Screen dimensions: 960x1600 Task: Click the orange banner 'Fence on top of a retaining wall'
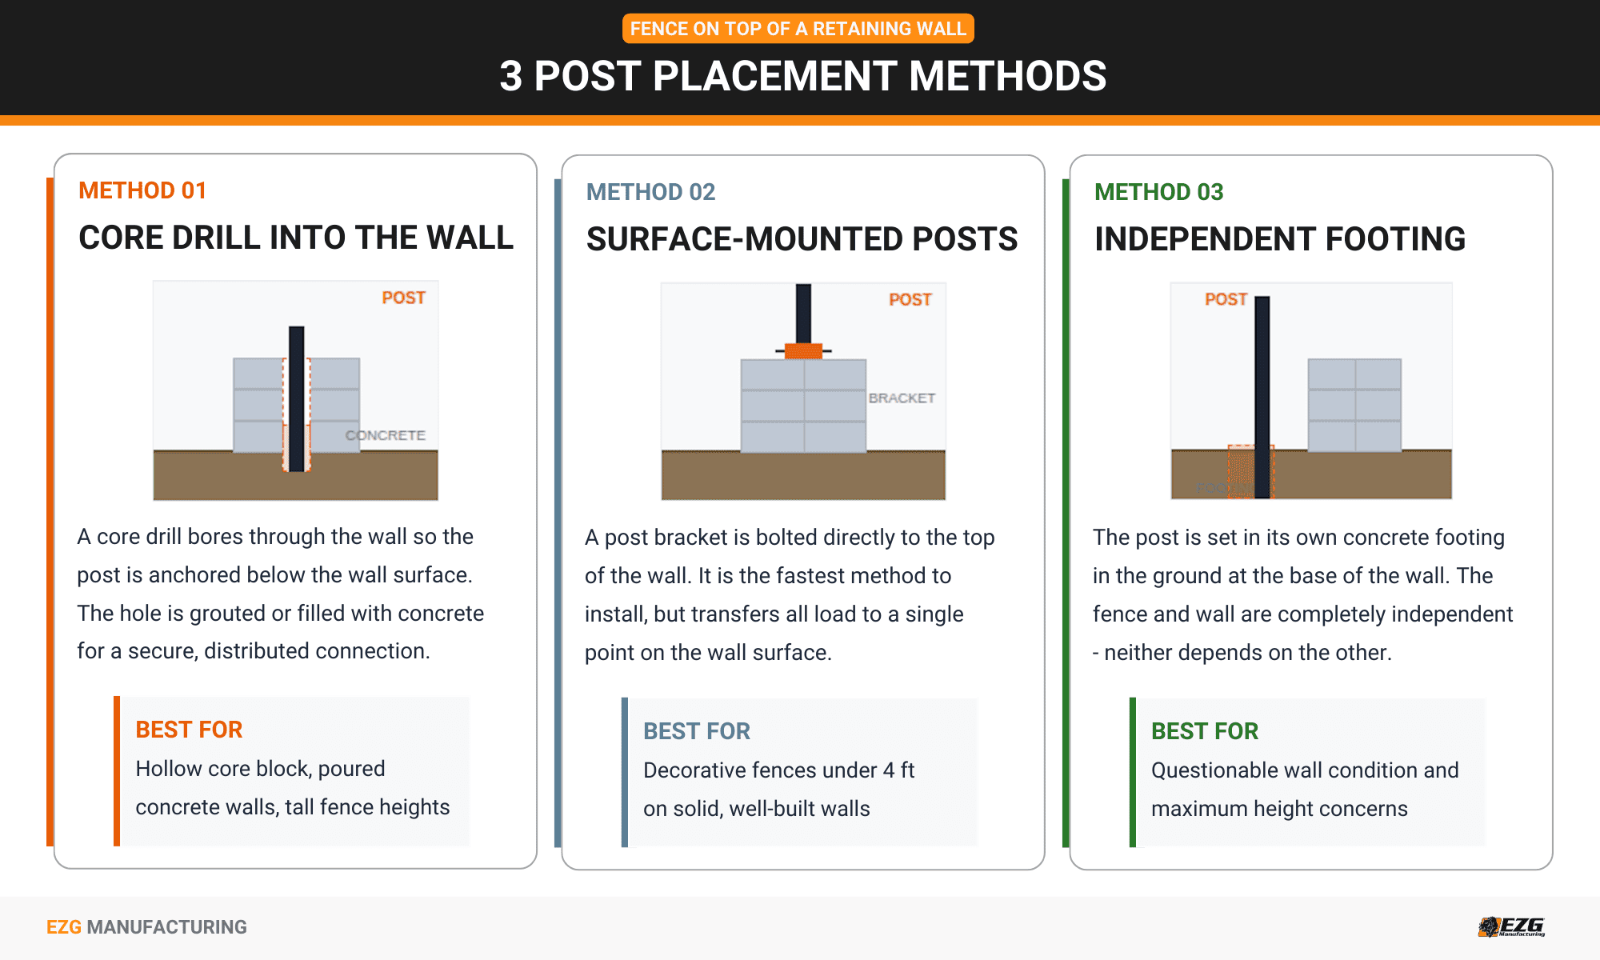[x=798, y=29]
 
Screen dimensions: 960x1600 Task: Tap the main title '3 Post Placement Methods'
[x=802, y=77]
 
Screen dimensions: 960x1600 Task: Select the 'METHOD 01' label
[x=142, y=190]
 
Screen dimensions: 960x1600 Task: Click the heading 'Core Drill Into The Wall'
[x=296, y=238]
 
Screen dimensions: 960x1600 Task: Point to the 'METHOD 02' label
[x=650, y=192]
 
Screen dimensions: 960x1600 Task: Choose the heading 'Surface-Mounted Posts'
[x=802, y=239]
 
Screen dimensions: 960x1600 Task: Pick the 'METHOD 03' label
[x=1158, y=192]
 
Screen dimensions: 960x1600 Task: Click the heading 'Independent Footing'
[x=1279, y=239]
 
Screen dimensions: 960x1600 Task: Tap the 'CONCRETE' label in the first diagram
[x=385, y=435]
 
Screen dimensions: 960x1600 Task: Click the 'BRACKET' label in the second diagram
[x=902, y=398]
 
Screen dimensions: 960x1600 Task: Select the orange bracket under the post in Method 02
[x=803, y=350]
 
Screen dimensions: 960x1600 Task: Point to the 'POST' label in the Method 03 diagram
[x=1226, y=299]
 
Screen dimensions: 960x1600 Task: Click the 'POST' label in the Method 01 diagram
[x=403, y=298]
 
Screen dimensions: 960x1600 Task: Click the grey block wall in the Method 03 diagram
[x=1354, y=405]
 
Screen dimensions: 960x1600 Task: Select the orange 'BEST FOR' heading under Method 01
[x=189, y=730]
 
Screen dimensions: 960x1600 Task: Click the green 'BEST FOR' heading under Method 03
[x=1204, y=731]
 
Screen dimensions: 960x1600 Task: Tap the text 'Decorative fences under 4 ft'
[x=778, y=770]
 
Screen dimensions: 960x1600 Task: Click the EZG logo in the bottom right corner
[x=1511, y=926]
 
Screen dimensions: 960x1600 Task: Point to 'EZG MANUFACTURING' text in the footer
[x=146, y=927]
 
